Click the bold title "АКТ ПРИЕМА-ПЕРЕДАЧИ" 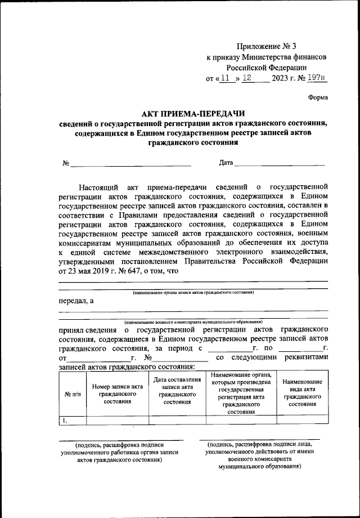[x=193, y=114]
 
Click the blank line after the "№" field [x=130, y=165]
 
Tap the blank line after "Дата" [x=280, y=164]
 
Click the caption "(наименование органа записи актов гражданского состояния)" [x=193, y=293]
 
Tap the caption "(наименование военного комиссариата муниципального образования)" [x=193, y=321]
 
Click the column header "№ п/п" [x=72, y=395]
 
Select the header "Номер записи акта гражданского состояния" [x=118, y=395]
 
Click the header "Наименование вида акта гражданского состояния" [x=302, y=392]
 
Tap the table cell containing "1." [x=72, y=419]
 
